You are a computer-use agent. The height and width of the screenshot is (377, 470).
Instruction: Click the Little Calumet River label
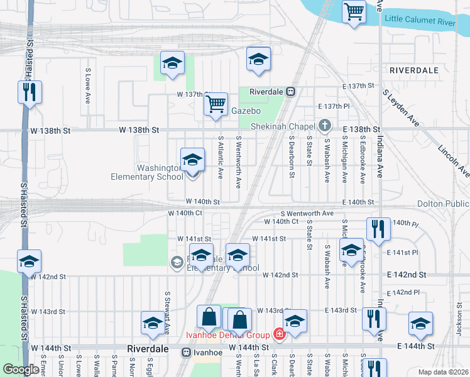coord(429,20)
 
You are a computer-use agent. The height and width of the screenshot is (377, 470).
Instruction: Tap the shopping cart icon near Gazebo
coord(216,103)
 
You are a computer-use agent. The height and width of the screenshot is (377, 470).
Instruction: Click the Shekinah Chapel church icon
coord(324,126)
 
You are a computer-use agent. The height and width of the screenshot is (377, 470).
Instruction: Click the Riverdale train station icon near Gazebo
coord(291,91)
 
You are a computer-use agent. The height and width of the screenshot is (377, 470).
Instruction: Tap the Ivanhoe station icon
coord(187,352)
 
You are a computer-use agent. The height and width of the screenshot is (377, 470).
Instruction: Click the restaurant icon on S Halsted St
coord(30,92)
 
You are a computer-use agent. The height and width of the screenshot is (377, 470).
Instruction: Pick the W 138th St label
coord(139,129)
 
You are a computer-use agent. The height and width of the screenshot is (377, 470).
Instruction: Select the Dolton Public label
coord(443,204)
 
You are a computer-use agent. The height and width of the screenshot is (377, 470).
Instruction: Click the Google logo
coord(21,369)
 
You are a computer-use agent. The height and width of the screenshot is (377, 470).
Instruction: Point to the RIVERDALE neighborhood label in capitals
coord(413,70)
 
